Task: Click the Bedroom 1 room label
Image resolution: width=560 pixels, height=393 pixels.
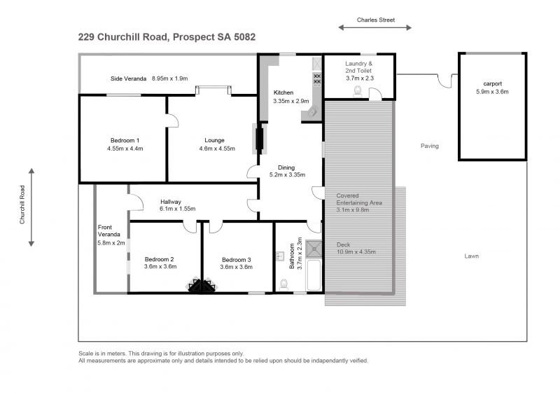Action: point(125,140)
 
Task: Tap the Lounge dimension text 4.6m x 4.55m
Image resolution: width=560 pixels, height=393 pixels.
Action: point(217,149)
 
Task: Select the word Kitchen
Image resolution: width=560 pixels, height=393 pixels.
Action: point(283,92)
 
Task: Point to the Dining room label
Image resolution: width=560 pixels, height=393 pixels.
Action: point(286,167)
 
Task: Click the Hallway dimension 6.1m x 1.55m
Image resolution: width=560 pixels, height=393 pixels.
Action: point(178,209)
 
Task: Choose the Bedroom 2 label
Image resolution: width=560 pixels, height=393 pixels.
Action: point(160,259)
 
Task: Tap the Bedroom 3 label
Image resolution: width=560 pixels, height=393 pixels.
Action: point(237,260)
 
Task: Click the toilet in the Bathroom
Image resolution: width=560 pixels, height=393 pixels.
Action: point(284,284)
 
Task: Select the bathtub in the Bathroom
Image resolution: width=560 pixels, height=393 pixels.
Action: point(314,275)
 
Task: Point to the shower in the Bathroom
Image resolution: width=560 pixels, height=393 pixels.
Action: point(314,249)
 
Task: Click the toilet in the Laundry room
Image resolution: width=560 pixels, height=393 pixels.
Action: point(358,92)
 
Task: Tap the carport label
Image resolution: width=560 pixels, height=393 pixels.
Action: point(493,83)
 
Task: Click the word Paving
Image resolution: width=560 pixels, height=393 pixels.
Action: point(430,146)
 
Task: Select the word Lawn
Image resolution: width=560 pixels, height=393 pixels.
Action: point(471,256)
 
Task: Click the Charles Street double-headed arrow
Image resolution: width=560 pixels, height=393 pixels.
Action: point(375,27)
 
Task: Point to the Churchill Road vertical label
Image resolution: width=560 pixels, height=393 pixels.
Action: point(22,205)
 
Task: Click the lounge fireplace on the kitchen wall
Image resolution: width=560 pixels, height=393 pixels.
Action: point(259,139)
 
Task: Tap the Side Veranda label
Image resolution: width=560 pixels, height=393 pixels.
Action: point(129,78)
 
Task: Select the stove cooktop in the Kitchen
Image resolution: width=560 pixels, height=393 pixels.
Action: point(317,79)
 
